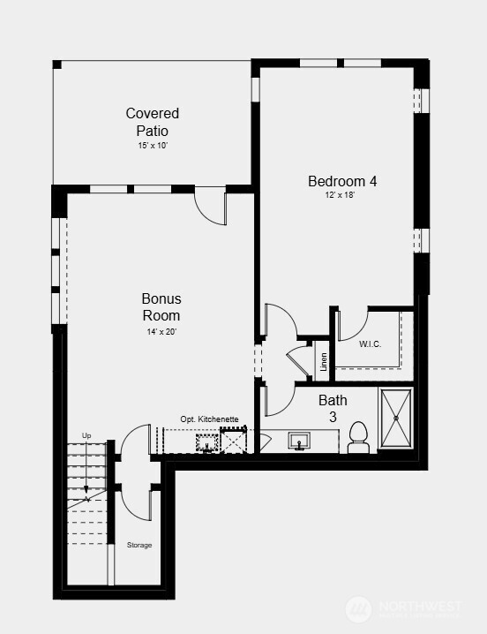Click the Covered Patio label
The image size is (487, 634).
point(153,122)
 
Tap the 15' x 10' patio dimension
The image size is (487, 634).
point(153,146)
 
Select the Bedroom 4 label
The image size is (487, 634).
point(342,181)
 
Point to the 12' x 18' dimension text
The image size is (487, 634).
point(340,195)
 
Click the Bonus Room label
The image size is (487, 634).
point(161,307)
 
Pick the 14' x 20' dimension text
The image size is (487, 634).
point(161,332)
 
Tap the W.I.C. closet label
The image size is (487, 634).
point(370,344)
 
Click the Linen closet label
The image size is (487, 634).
point(323,362)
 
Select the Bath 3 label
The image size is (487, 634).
point(333,408)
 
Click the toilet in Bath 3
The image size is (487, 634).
point(358,437)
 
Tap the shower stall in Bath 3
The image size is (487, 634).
point(396,418)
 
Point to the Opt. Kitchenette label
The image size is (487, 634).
point(209,419)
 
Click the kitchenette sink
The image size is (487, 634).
point(207,442)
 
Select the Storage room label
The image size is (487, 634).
point(139,545)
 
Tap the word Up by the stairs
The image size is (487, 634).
point(86,435)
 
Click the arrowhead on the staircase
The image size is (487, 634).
point(86,489)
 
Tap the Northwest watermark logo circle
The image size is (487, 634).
point(358,609)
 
